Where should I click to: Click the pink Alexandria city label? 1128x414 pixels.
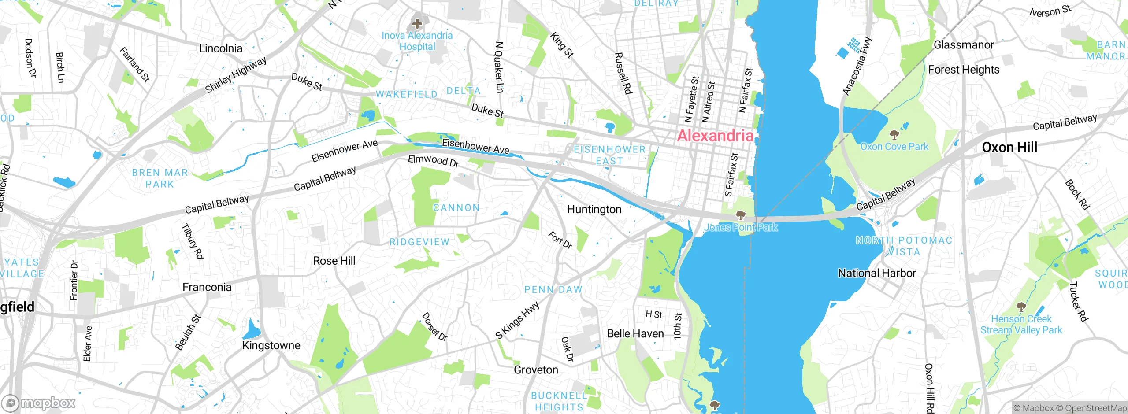(715, 136)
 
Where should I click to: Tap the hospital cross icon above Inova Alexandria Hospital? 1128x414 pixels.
(417, 23)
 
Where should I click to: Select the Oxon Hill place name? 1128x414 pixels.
(1009, 147)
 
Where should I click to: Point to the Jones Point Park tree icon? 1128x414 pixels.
(741, 215)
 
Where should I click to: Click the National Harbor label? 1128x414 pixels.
(877, 273)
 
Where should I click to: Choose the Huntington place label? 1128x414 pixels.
(594, 209)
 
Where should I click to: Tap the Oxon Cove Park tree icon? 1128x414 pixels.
(894, 134)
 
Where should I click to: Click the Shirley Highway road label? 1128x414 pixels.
(236, 75)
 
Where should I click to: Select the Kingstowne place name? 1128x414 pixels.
(271, 345)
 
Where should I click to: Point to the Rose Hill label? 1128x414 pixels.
(334, 261)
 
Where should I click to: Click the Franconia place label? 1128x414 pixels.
(207, 287)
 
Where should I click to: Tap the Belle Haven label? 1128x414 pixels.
(635, 333)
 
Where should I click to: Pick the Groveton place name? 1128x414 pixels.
(536, 370)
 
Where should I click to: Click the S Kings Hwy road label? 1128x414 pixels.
(517, 320)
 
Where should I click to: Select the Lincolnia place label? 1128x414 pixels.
(220, 48)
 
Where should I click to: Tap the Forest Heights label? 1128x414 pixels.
(964, 70)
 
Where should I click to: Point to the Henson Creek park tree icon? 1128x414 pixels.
(1021, 307)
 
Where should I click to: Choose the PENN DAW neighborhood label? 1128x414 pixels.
(553, 289)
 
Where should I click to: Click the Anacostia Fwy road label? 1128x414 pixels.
(857, 66)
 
